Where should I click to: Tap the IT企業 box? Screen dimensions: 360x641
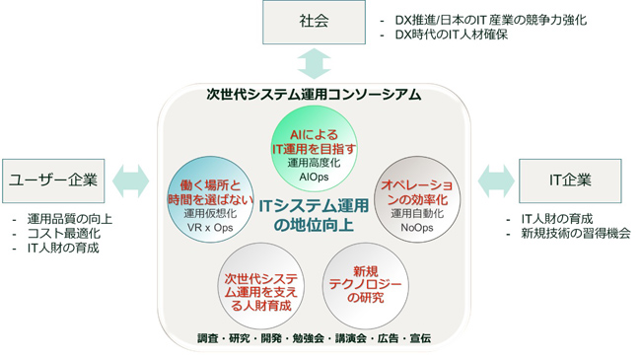569,180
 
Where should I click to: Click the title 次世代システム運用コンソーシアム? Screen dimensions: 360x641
314,96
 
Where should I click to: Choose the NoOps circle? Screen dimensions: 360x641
416,196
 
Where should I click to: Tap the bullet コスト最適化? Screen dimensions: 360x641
64,233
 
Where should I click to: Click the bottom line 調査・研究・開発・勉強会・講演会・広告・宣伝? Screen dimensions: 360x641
314,338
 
